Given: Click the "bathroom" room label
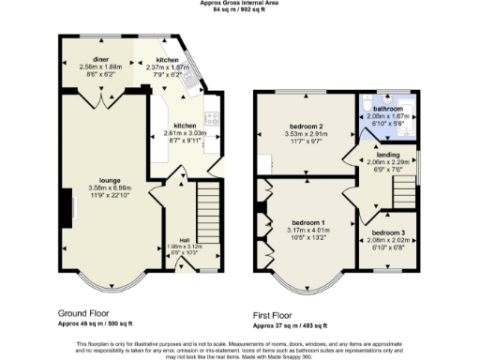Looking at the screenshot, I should [x=387, y=109].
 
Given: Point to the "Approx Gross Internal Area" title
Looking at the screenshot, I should [x=240, y=4].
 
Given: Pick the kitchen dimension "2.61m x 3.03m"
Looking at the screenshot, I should [x=184, y=133].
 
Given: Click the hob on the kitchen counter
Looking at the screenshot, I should [x=212, y=119].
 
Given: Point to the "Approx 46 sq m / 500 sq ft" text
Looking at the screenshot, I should [x=97, y=324].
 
